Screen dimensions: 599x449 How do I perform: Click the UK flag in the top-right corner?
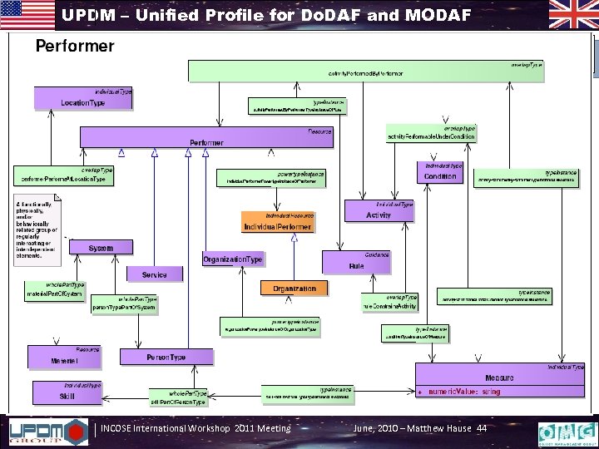[x=572, y=15]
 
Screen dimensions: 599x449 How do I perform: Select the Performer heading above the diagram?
[x=74, y=46]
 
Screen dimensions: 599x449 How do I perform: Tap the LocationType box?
[x=83, y=99]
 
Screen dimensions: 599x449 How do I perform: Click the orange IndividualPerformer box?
[x=278, y=222]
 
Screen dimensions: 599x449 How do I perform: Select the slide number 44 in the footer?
[x=481, y=428]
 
